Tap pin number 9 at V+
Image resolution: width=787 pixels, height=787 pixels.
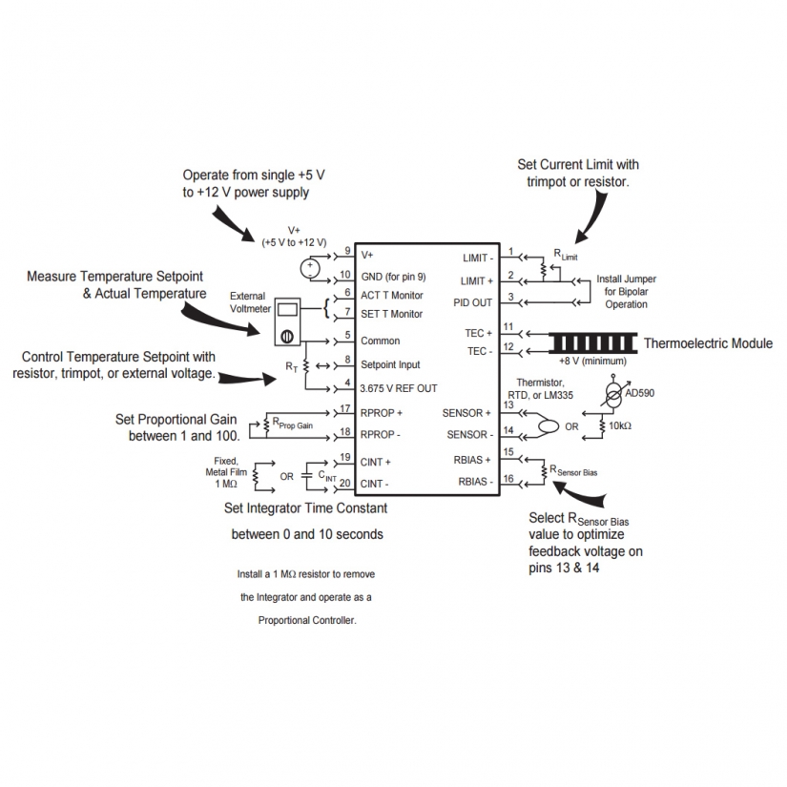click(x=347, y=251)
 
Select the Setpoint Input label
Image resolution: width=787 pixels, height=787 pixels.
click(x=390, y=364)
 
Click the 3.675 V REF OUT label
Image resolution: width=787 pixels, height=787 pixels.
click(x=399, y=387)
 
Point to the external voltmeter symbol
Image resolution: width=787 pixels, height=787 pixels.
click(x=286, y=321)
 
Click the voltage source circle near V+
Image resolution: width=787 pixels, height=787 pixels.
click(x=309, y=268)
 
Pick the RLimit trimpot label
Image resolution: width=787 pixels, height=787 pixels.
click(x=566, y=255)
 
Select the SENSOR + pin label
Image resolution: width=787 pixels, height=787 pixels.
click(x=467, y=413)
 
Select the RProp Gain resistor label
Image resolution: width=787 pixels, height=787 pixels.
click(x=292, y=423)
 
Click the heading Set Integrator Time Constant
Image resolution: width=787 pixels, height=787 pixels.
click(x=306, y=508)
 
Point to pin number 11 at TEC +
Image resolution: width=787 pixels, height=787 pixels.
click(x=508, y=327)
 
